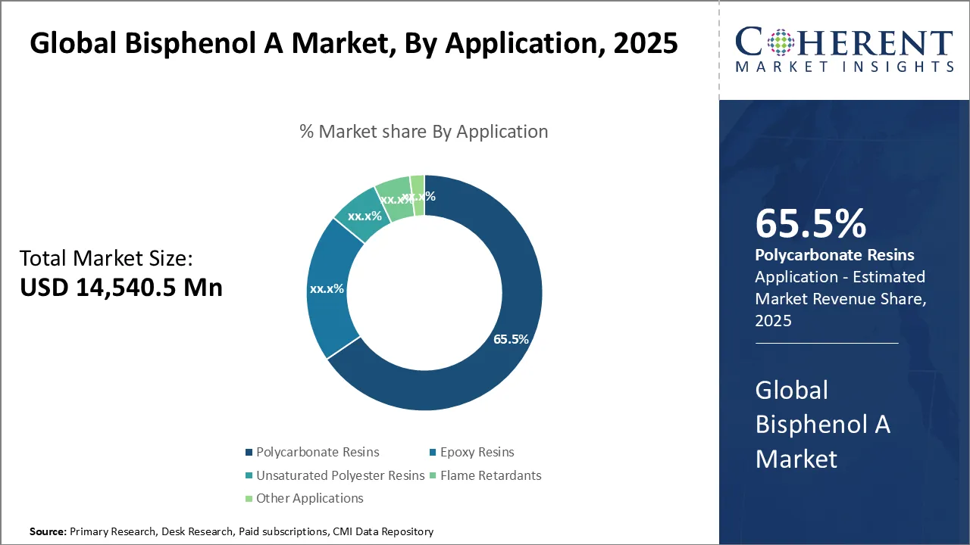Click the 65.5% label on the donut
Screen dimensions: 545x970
click(x=511, y=339)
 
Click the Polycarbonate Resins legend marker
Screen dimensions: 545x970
click(x=249, y=453)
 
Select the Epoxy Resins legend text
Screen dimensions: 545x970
click(x=477, y=453)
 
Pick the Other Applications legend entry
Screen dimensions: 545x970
click(x=309, y=498)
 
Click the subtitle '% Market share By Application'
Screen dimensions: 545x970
click(x=424, y=132)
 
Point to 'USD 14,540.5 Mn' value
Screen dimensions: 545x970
click(x=121, y=288)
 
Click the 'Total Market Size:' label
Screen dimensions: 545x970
click(x=106, y=259)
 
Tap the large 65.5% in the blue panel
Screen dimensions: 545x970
click(x=811, y=224)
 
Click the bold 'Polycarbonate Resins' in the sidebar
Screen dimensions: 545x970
click(x=834, y=255)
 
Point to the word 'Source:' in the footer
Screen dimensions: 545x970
click(x=48, y=532)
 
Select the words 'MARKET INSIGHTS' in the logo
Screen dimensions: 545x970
click(x=844, y=67)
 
